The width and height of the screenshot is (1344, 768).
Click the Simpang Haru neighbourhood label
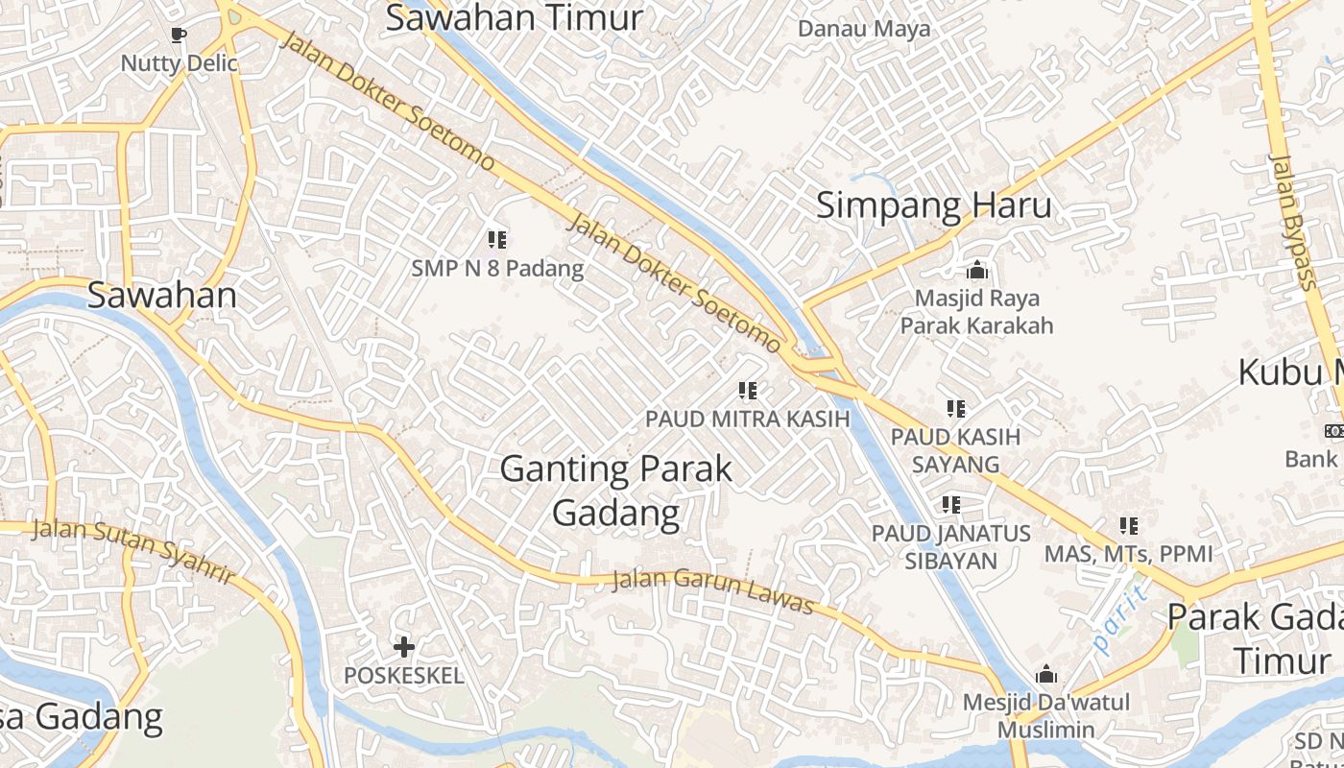(933, 205)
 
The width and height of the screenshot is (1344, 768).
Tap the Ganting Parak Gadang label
(616, 491)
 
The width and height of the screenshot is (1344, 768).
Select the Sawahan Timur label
(514, 18)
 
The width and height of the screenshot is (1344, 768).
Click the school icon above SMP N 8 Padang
(496, 239)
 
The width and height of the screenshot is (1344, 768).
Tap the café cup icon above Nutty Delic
(178, 36)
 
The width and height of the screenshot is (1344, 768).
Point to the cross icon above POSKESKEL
(404, 647)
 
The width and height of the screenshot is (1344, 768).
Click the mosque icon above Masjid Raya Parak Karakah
(977, 271)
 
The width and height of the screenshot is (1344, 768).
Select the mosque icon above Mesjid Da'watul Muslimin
(1045, 674)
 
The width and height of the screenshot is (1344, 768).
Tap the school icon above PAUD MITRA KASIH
(747, 391)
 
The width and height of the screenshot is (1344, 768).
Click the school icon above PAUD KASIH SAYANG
(955, 409)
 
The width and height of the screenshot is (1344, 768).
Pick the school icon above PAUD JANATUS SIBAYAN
(951, 504)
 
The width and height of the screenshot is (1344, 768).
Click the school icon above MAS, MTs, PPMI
(1128, 526)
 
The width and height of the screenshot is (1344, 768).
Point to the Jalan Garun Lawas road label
(713, 591)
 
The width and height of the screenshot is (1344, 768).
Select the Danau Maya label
(864, 29)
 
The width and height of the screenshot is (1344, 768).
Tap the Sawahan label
(162, 296)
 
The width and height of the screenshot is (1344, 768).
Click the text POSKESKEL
(404, 676)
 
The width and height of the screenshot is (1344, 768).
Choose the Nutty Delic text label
(179, 63)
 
